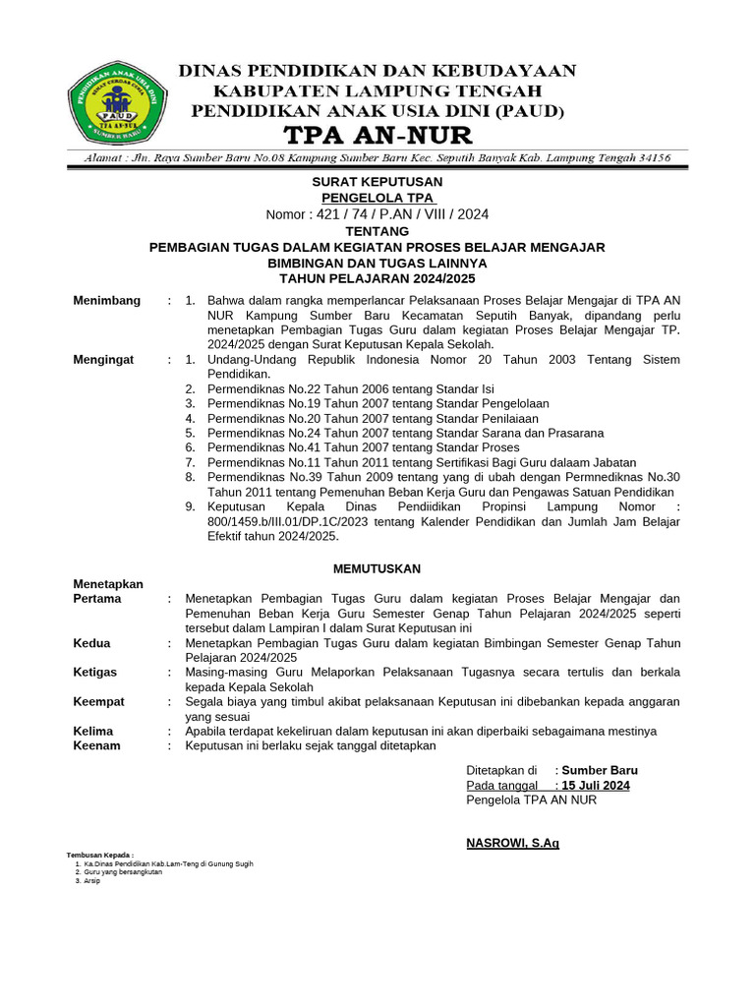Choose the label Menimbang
click(x=106, y=300)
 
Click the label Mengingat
click(x=103, y=360)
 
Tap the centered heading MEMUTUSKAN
click(x=377, y=568)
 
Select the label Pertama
click(x=97, y=598)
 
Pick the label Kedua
click(x=91, y=643)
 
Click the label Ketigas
click(x=95, y=672)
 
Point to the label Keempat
click(x=98, y=701)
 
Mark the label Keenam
click(x=96, y=745)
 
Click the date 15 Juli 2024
click(x=596, y=786)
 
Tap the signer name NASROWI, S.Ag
click(x=512, y=844)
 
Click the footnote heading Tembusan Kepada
click(x=99, y=855)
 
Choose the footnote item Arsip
click(x=91, y=880)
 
